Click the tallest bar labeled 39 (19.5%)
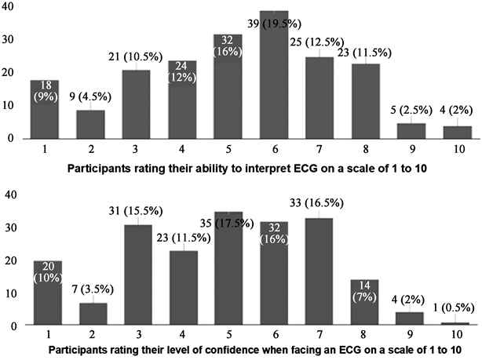[274, 75]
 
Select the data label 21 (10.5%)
[135, 56]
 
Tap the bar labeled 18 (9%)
[45, 109]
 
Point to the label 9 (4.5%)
[90, 96]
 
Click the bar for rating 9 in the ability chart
[411, 131]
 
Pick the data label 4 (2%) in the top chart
[456, 110]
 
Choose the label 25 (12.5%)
[317, 42]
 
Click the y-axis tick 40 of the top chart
[8, 7]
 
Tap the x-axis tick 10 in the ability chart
[459, 149]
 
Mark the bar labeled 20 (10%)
[48, 293]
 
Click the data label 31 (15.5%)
[136, 211]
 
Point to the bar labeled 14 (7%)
[364, 302]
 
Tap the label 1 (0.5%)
[454, 307]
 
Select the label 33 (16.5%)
[316, 203]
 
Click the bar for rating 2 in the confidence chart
[93, 314]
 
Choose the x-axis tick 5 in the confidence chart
[228, 334]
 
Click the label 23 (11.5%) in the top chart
[364, 53]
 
